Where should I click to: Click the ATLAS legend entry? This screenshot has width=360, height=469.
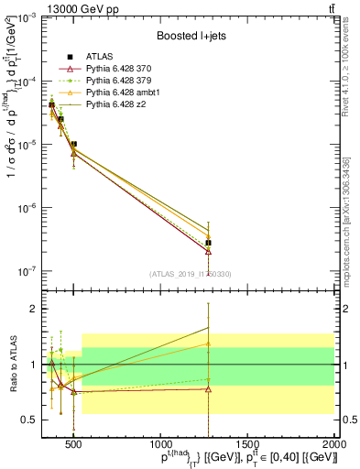[x=99, y=56]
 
